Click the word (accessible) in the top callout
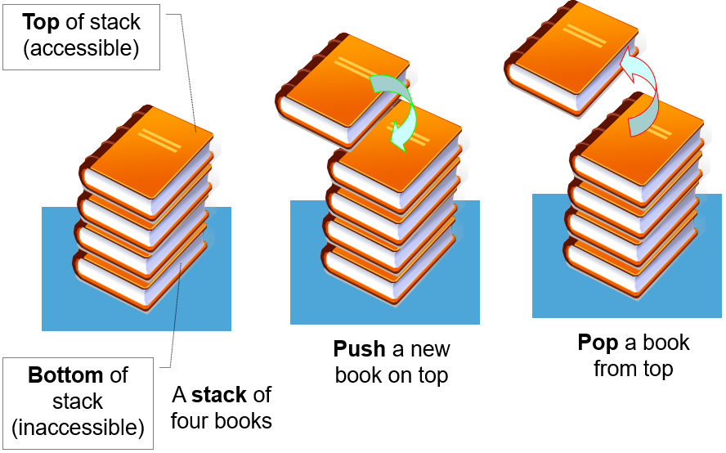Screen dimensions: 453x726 coord(81,48)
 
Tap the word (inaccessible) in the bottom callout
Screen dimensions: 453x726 coord(78,427)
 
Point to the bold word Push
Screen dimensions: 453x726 coord(359,349)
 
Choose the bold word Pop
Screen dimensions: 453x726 coord(597,342)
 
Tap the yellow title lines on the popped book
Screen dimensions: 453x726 coord(585,35)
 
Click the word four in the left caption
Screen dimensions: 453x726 coord(195,421)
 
